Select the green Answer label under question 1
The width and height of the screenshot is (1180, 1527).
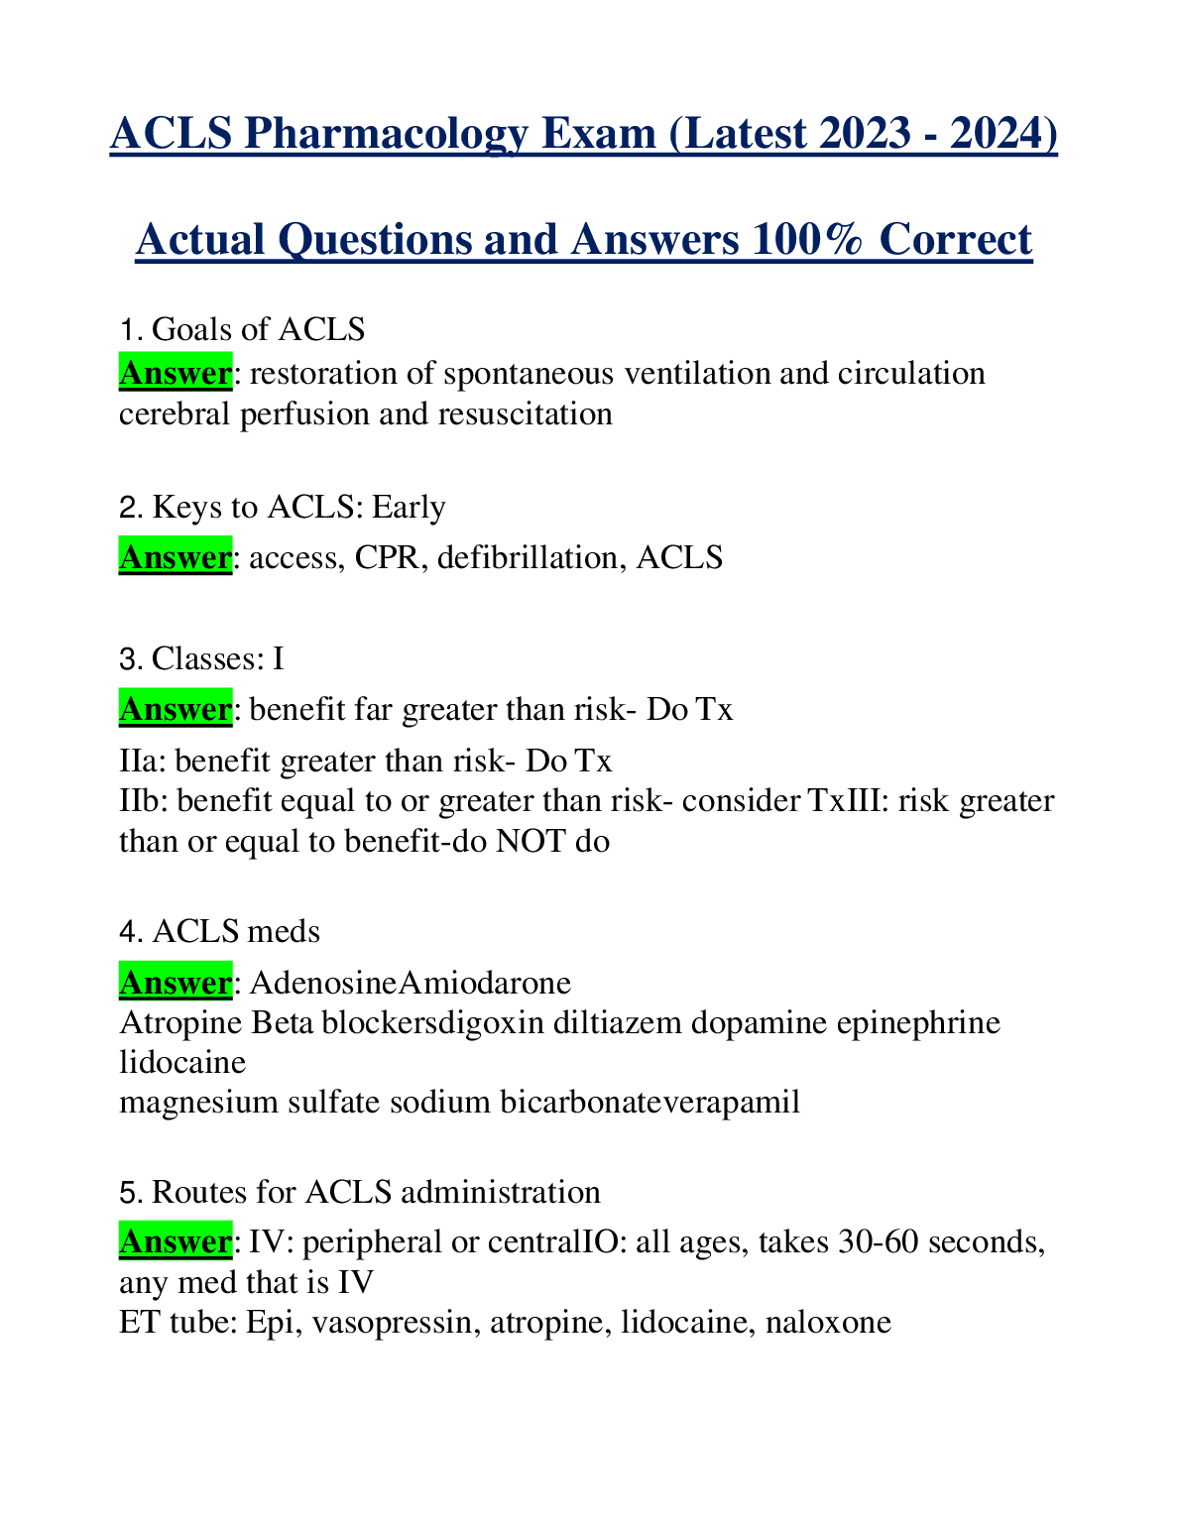tap(175, 374)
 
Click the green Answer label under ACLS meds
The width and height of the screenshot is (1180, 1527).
tap(175, 983)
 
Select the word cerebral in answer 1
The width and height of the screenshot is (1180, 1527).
tap(175, 413)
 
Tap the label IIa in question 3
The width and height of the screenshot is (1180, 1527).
tap(140, 761)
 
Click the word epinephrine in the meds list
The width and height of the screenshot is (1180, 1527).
tap(918, 1022)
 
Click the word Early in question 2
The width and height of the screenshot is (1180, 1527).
tap(409, 507)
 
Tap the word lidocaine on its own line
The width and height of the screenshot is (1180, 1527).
tap(182, 1062)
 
